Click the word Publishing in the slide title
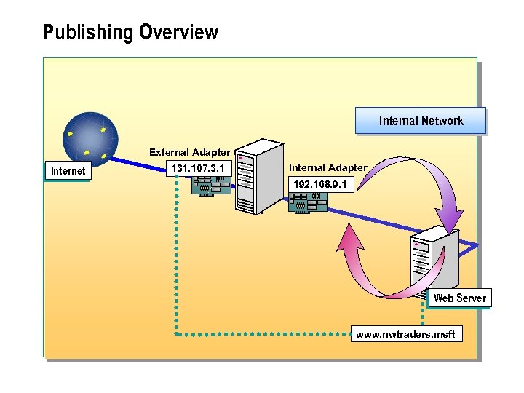click(88, 33)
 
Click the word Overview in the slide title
click(178, 33)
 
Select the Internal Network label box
click(421, 121)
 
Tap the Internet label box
click(68, 171)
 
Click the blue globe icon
click(90, 138)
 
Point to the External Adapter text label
click(189, 152)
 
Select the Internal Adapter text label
click(327, 168)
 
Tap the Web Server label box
click(459, 298)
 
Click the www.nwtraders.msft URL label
click(405, 335)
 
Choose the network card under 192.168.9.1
click(308, 202)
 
